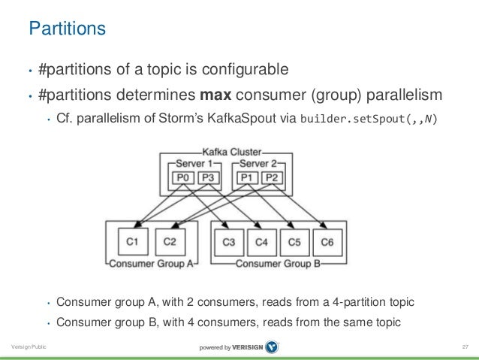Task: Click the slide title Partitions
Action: [x=67, y=29]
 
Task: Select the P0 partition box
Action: [x=182, y=177]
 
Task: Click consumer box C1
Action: [x=132, y=241]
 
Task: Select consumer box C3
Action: [x=229, y=241]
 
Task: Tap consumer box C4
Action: [x=261, y=241]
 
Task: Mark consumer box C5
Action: [x=294, y=241]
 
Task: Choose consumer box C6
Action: [x=327, y=241]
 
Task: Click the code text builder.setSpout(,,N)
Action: [x=368, y=120]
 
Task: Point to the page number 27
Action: [x=465, y=346]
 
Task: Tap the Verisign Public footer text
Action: [x=27, y=346]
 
